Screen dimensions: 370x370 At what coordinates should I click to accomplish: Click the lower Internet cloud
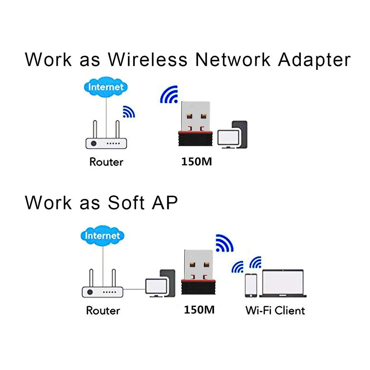[102, 235]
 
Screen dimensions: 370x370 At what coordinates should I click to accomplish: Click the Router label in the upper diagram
[106, 162]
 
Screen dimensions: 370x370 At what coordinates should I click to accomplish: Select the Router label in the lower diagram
[103, 310]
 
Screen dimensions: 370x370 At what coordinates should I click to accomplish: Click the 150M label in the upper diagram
[197, 162]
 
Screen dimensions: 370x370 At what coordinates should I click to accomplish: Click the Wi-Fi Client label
[275, 310]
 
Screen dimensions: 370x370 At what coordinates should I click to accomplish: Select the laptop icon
[283, 283]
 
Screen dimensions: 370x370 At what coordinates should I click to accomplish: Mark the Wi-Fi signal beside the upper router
[128, 112]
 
